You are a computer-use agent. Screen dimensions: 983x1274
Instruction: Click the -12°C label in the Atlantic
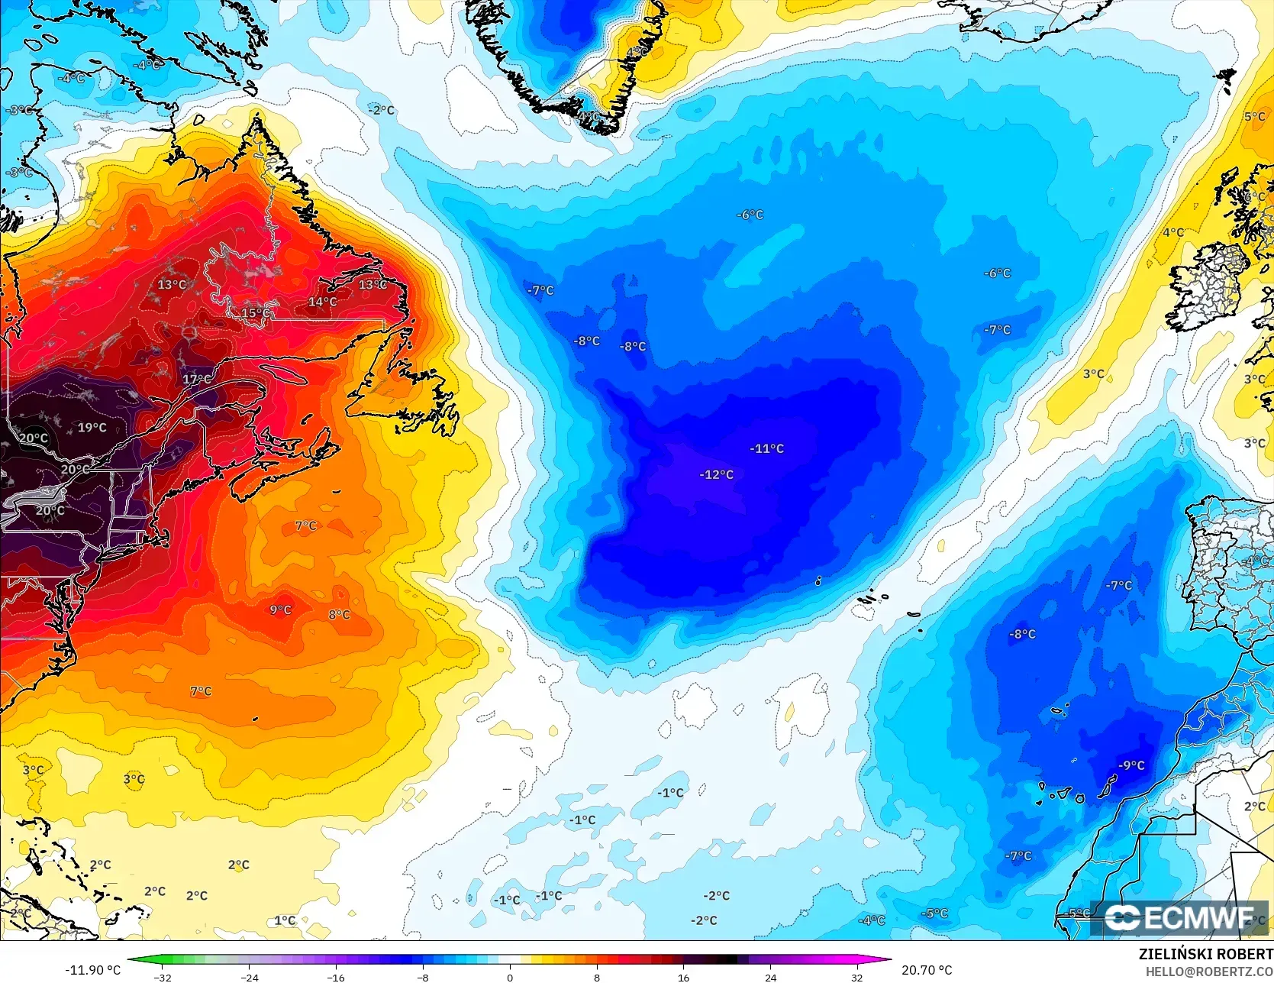point(716,474)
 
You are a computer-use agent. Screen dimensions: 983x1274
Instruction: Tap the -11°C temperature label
point(766,448)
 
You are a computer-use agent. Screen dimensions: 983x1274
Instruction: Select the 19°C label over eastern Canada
point(92,428)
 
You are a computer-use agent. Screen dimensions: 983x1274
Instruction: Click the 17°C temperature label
point(197,379)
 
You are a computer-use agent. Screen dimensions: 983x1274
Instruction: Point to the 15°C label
point(255,313)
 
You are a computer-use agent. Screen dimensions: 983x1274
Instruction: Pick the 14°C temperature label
point(322,302)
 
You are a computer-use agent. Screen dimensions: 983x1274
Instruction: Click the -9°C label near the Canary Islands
point(1131,765)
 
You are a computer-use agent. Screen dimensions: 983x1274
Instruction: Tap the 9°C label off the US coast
point(280,610)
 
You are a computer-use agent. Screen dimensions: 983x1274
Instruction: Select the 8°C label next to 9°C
point(339,614)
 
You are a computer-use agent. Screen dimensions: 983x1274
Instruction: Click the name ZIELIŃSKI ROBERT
point(1205,954)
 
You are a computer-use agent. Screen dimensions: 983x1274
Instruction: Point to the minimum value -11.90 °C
point(93,970)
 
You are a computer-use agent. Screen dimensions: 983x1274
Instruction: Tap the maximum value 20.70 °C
point(927,970)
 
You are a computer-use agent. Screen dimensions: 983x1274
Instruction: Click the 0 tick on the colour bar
point(510,977)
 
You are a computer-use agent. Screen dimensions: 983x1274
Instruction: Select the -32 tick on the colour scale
point(163,977)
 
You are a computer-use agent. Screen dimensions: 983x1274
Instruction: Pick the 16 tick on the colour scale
point(683,977)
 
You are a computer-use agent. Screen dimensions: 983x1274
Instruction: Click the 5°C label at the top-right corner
point(1254,117)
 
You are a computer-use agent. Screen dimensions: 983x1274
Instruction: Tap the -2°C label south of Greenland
point(382,110)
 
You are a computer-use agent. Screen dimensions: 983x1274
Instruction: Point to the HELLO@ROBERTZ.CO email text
point(1208,971)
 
